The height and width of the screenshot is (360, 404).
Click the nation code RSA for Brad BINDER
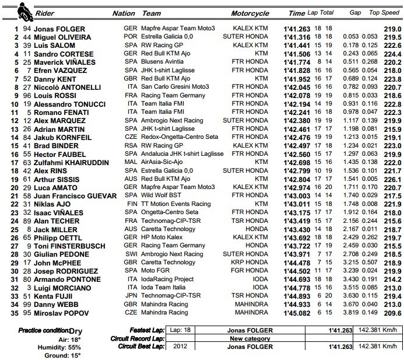(131, 145)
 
